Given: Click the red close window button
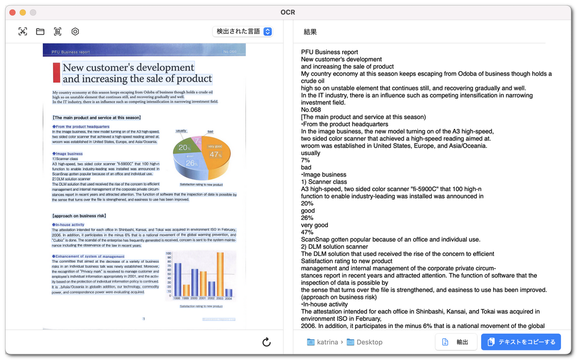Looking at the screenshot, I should pos(12,12).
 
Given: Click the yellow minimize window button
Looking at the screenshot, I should pos(23,12).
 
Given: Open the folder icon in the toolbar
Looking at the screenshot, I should pos(40,31).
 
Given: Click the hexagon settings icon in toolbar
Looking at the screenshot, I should pos(75,31).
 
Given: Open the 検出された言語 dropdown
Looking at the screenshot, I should pos(242,31).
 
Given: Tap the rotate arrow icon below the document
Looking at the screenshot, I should pos(266,342).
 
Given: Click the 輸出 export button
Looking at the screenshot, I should pos(456,342).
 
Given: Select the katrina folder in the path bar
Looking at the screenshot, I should pos(323,342).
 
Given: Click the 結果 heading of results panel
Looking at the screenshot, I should pos(310,32).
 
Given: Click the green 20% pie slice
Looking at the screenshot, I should pos(184,147).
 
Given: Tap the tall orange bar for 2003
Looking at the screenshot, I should pos(220,273).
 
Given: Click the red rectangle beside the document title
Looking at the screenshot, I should pos(57,73).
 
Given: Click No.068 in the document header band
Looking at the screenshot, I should pos(230,52).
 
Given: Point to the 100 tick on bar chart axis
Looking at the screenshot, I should pos(168,253).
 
